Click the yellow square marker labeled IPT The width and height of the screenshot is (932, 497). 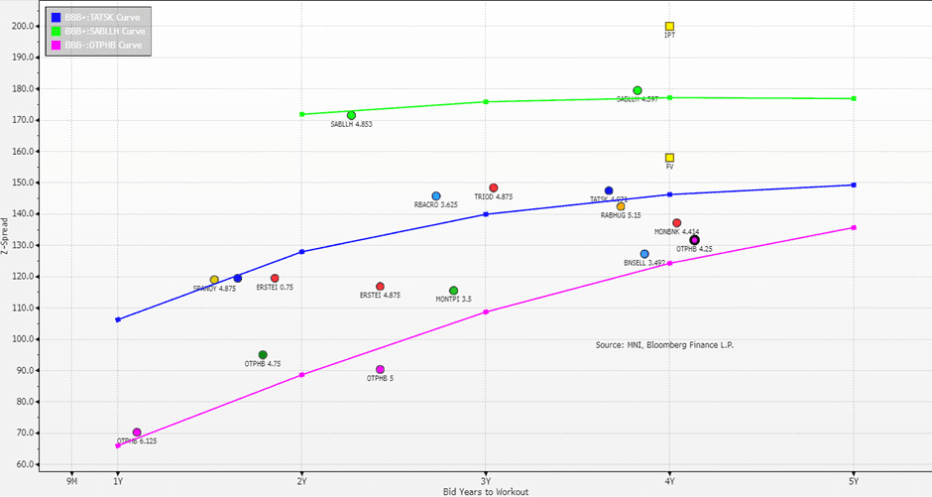coord(670,27)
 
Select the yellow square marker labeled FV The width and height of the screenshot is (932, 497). coord(670,158)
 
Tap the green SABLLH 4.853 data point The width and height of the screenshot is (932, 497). coord(351,116)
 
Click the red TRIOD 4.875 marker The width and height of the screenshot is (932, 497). coord(494,187)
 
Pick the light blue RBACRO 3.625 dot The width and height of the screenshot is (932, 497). coord(436,196)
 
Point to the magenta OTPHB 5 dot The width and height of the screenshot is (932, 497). coord(381,370)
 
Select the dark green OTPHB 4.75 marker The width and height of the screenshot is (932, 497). coord(263,355)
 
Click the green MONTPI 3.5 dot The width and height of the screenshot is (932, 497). coord(454,291)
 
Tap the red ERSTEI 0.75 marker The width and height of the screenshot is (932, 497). coord(275,279)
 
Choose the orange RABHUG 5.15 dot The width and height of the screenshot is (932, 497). coord(621,206)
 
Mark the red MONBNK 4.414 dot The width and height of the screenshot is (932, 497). coord(677,223)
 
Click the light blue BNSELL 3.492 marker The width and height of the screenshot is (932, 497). coord(644,255)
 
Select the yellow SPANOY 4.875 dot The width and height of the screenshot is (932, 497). coord(214,281)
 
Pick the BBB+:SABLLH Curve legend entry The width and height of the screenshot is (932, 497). coord(100,32)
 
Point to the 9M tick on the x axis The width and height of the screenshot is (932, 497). coord(71,481)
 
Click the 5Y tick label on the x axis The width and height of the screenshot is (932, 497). coord(854,481)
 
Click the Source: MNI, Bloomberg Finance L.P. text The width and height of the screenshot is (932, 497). coord(664,345)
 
